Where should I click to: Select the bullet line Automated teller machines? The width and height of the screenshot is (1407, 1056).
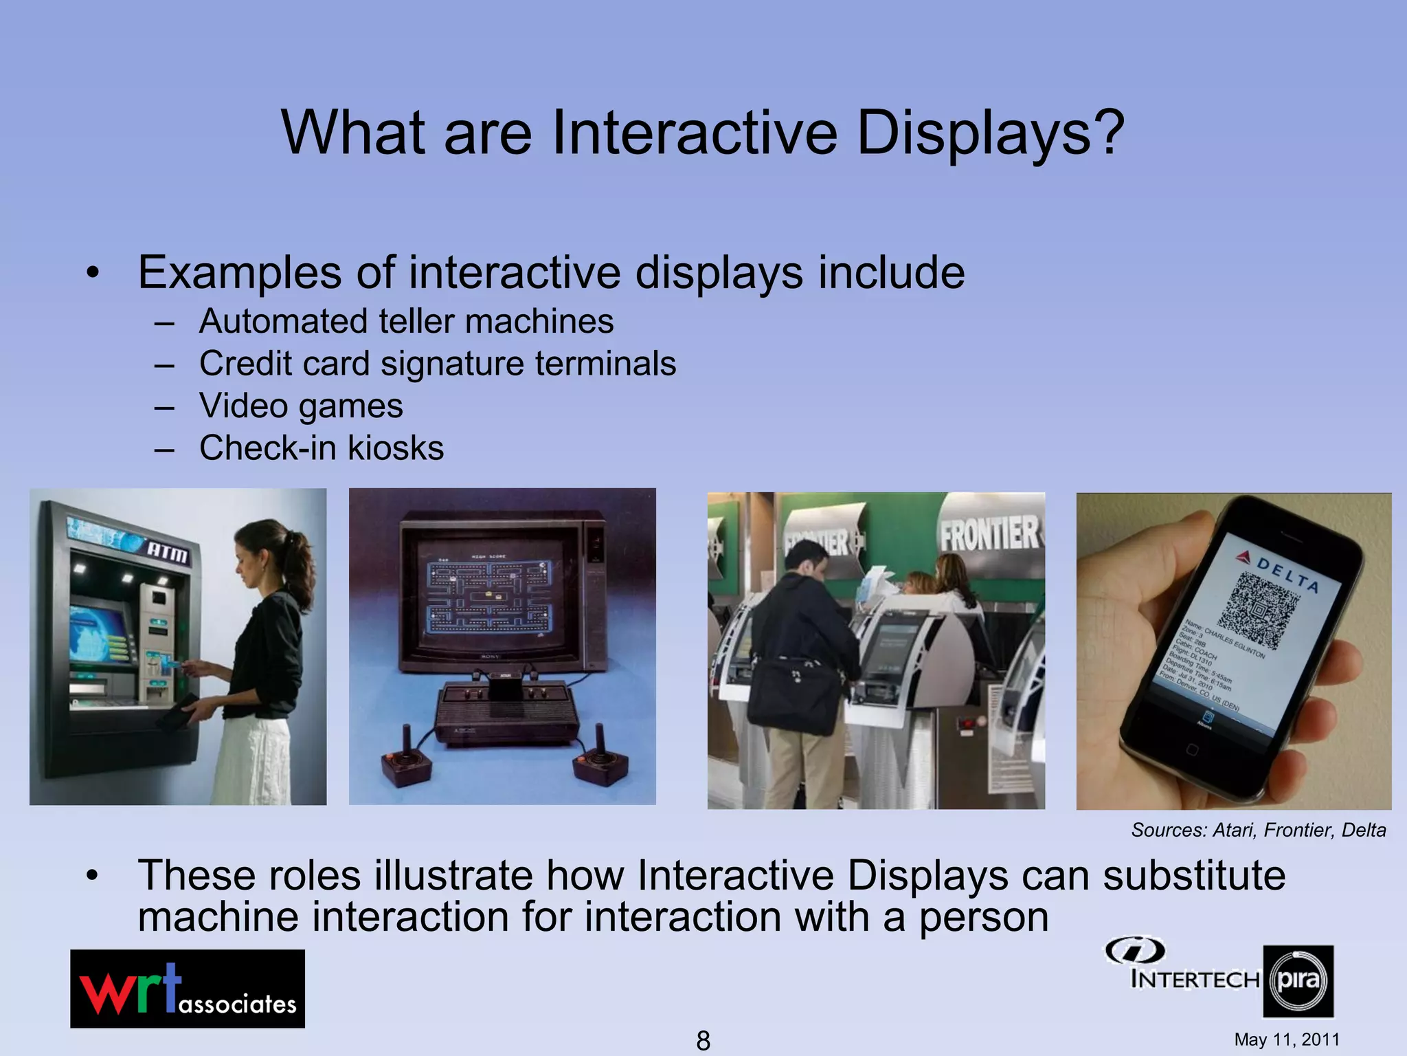click(406, 322)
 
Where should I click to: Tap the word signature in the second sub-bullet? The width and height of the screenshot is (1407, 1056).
click(453, 364)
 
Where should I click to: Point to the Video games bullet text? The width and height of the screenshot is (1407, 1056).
click(301, 406)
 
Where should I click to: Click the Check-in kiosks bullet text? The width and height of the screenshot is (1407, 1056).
click(322, 448)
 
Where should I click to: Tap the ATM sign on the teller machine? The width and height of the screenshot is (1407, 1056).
click(167, 552)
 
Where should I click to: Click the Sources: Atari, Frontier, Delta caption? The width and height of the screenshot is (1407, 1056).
click(1258, 830)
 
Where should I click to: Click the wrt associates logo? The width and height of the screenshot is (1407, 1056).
click(187, 989)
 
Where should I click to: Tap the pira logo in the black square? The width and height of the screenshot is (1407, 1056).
click(1298, 980)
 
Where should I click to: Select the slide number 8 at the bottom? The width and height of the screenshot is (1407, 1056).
click(703, 1040)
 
